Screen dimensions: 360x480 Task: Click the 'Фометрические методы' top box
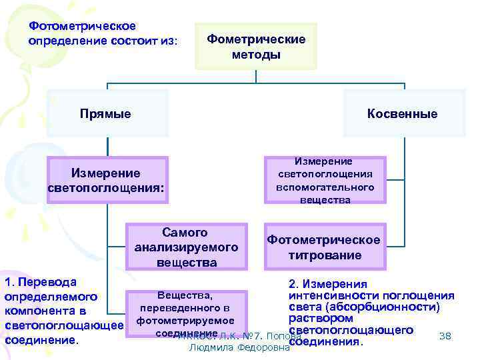tap(256, 47)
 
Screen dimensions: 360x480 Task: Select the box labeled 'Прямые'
tap(105, 114)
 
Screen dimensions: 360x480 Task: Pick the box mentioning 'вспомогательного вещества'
tap(325, 180)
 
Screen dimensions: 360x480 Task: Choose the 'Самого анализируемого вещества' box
tap(186, 247)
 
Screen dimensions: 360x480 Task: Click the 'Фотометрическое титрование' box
tap(324, 247)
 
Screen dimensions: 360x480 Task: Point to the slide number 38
tap(445, 336)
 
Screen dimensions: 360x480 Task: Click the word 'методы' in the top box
tap(256, 55)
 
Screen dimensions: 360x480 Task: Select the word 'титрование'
tap(325, 255)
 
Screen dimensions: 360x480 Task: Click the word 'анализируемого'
tap(186, 247)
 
